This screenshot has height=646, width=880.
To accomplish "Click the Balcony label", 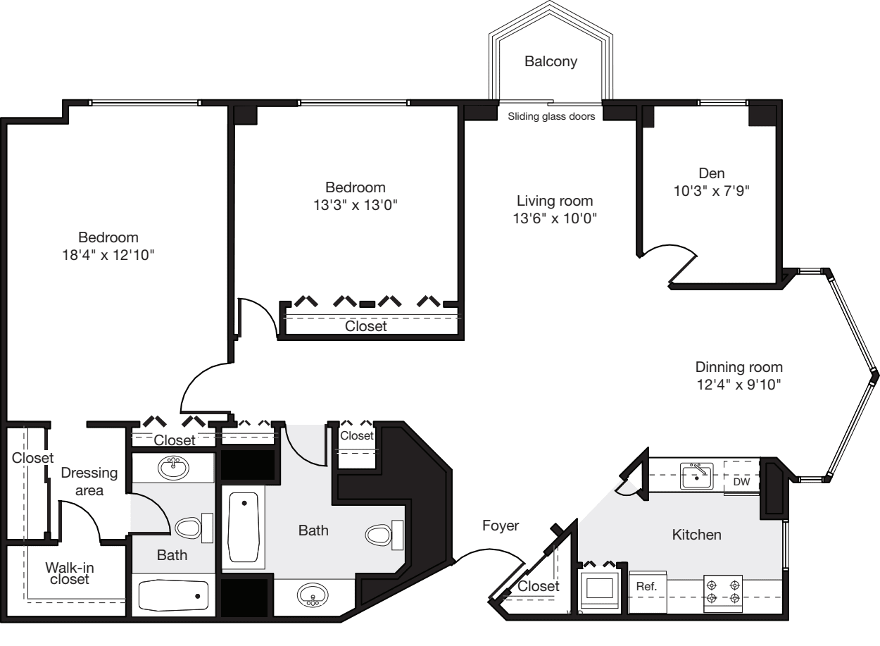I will point(551,62).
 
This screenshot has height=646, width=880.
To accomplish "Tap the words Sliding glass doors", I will point(551,117).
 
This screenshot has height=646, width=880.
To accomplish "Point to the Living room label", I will point(555,200).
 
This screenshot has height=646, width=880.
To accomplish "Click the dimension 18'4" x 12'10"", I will point(108,254).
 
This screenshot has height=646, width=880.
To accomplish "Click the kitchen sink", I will point(698,476).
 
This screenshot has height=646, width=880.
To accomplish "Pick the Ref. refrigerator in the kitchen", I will point(646,587).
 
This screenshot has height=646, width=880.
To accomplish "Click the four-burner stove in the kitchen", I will point(724,590).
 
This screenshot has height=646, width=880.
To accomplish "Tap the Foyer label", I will point(501,526).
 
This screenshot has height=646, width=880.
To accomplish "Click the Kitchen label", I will point(697,535).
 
